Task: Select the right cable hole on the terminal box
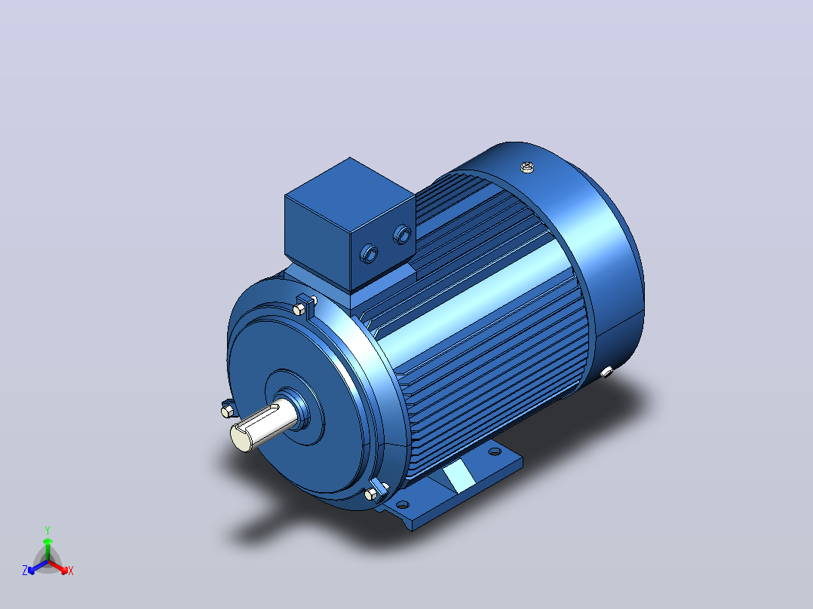[x=403, y=235]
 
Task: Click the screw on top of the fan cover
[x=527, y=167]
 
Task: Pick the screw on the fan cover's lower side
[x=606, y=371]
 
